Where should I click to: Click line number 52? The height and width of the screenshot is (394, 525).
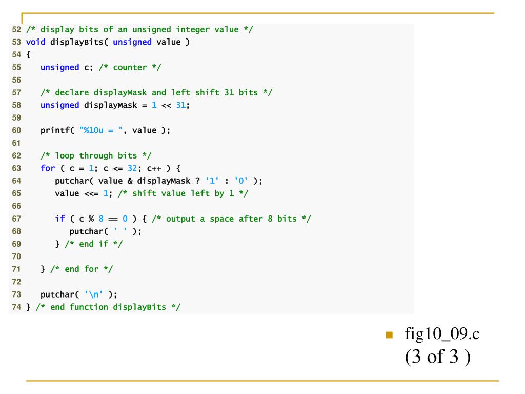click(16, 29)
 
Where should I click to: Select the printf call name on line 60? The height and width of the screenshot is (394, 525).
click(55, 130)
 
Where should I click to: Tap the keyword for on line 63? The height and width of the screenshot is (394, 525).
click(48, 168)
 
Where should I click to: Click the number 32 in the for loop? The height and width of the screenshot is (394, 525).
click(132, 168)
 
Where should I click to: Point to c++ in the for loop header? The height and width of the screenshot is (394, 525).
click(154, 168)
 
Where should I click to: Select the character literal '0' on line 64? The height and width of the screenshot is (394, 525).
click(240, 181)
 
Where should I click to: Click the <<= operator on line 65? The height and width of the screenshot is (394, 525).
click(91, 193)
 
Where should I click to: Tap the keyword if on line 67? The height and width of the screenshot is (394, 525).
click(60, 219)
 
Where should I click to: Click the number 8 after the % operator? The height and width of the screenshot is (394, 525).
click(101, 219)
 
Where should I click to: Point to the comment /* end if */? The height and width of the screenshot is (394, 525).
click(94, 244)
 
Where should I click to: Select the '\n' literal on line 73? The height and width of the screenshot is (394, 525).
click(94, 294)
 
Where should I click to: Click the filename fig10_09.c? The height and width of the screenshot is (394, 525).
click(442, 334)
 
